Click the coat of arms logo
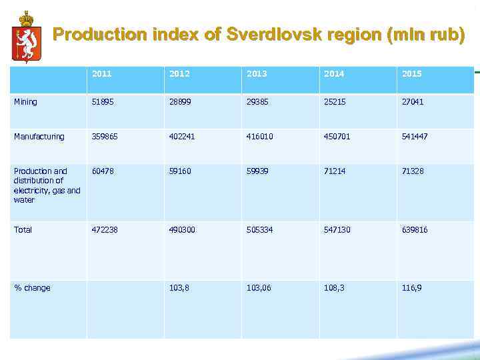[26, 37]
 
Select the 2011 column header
[102, 74]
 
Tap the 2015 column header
[411, 74]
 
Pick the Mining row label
[25, 102]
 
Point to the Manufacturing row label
[39, 137]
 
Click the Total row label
[23, 230]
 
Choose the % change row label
[32, 288]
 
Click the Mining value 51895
[102, 102]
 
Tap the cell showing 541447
[415, 137]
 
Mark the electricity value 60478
[102, 171]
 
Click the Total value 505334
[259, 230]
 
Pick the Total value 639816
[415, 230]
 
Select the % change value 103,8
[179, 288]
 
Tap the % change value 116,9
[411, 288]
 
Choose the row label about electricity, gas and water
[47, 185]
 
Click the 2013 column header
[257, 74]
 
